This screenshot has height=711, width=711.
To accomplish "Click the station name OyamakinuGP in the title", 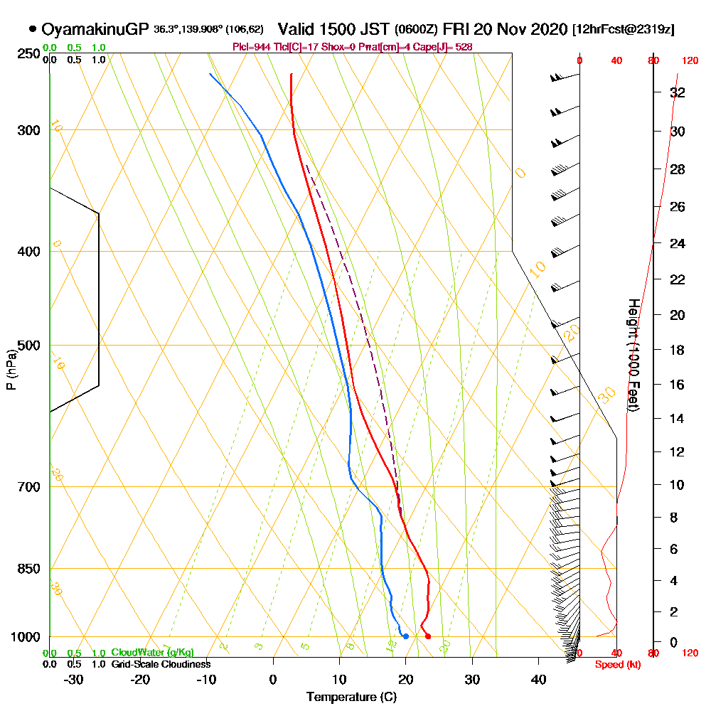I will coord(95,29).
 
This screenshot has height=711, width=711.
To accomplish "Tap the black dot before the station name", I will coord(33,29).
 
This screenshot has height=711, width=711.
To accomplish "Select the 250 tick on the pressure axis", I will coord(28,53).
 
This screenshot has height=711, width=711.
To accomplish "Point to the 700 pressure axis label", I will coord(28,487).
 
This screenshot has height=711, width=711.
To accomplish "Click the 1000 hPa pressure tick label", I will coord(25,637).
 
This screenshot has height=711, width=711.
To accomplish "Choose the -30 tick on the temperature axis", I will coord(74,679).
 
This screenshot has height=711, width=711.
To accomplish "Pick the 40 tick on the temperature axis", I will coord(539,679).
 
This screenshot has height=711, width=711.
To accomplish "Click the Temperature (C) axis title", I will coord(351,697).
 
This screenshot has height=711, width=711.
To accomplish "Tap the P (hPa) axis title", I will coord(11,368).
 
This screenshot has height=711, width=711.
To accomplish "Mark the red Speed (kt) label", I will coord(613,664).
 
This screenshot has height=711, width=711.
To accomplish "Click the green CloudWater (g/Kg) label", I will coord(152,653).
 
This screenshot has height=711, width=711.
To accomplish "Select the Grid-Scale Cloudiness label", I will coord(161,664).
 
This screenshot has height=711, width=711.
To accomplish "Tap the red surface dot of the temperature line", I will coord(427,636).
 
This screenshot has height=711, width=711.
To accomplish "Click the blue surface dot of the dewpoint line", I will coord(405,636).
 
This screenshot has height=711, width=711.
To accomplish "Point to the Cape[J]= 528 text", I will coord(449,47).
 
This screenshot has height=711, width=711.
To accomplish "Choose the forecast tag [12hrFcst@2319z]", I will coord(624,30).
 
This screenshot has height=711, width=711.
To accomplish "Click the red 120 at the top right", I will coord(689,61).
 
